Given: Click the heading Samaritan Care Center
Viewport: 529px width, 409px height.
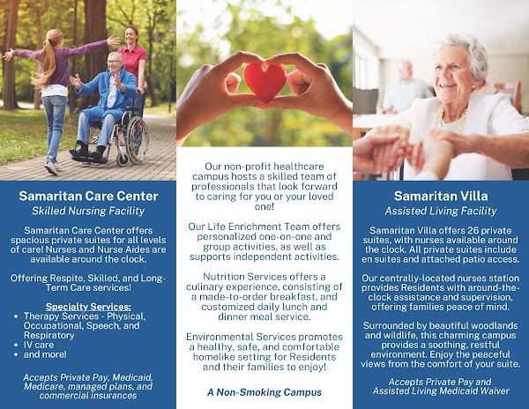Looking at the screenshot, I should click(x=87, y=196).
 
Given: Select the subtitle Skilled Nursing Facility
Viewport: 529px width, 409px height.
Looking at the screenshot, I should click(x=87, y=212).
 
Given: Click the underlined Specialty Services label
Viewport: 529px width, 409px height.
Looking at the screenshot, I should click(x=86, y=306).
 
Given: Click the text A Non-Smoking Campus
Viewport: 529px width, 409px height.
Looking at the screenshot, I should click(x=264, y=390).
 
